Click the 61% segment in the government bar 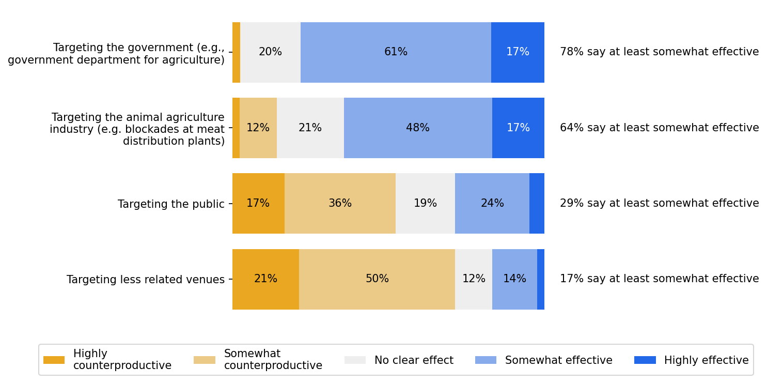tap(396, 52)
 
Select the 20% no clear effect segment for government tap(270, 52)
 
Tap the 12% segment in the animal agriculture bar tap(258, 128)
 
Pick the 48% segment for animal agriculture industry tap(417, 128)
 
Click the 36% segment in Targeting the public tap(340, 203)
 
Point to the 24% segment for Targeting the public tap(492, 203)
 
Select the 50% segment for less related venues tap(377, 279)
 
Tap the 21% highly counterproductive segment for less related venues tap(265, 279)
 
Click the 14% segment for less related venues tap(514, 279)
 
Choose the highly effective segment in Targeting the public tap(537, 203)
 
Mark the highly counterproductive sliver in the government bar tap(236, 52)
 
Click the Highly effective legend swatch tap(645, 360)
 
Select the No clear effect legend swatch tap(355, 360)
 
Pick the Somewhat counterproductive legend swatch tap(204, 360)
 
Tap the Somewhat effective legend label tap(558, 360)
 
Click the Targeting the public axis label tap(171, 204)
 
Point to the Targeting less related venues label tap(146, 280)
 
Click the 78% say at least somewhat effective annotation tap(659, 52)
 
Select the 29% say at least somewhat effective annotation tap(659, 203)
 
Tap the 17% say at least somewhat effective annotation tap(659, 279)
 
